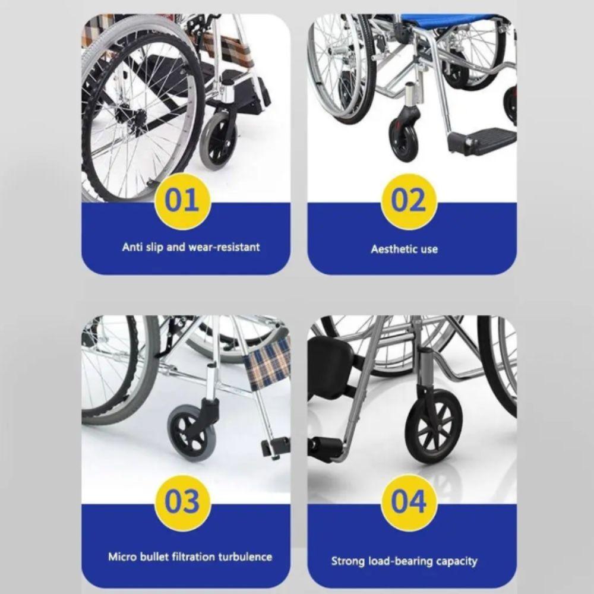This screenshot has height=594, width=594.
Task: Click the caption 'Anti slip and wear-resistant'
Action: pyautogui.click(x=191, y=247)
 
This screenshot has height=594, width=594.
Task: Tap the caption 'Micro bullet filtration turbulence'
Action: pyautogui.click(x=190, y=557)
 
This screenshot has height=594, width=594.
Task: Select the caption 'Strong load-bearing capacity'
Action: pyautogui.click(x=404, y=561)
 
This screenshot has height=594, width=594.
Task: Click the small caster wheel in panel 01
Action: pyautogui.click(x=217, y=141)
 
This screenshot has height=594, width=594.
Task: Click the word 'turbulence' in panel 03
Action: pyautogui.click(x=245, y=557)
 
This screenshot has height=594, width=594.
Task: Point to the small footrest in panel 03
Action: pyautogui.click(x=275, y=447)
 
